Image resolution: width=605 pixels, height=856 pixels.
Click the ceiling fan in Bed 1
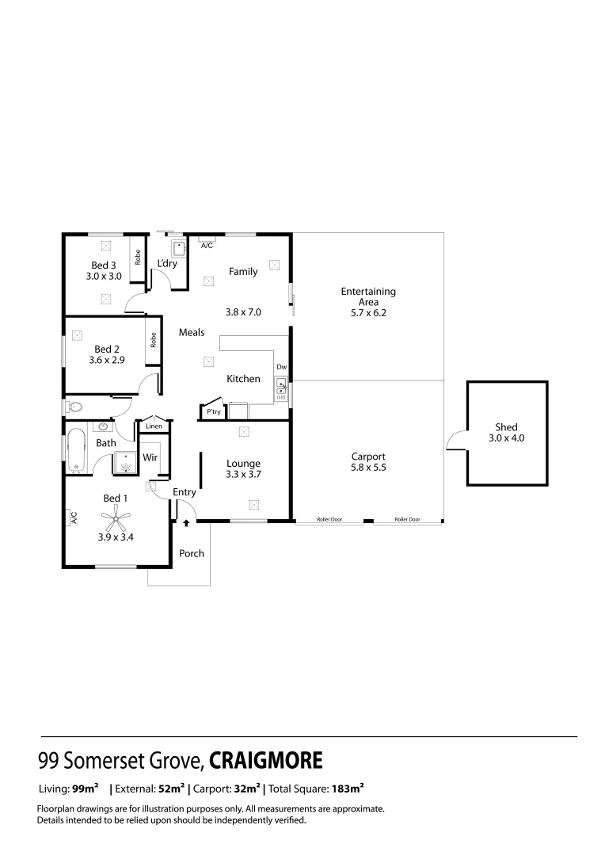[x=116, y=521]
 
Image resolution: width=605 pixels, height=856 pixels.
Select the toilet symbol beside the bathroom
[x=74, y=407]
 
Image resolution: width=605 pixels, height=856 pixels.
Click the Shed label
[x=506, y=427]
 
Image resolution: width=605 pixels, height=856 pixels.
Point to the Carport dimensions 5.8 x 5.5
[x=368, y=468]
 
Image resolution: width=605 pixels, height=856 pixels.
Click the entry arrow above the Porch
[x=186, y=523]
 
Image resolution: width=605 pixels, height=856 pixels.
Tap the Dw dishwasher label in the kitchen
[x=281, y=367]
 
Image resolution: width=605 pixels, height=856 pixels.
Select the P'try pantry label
[x=213, y=412]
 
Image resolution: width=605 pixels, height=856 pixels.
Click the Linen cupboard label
[x=154, y=426]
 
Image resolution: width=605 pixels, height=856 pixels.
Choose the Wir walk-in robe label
[x=150, y=457]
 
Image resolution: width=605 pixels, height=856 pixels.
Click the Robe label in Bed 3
[x=138, y=257]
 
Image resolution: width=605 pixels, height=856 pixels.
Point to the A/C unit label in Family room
[x=207, y=246]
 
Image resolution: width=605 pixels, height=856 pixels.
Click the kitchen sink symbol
[x=281, y=388]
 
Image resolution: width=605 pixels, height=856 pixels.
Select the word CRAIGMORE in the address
[x=266, y=761]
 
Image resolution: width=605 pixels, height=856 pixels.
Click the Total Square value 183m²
[x=348, y=789]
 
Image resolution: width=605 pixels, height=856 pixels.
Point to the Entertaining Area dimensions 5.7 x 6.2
[x=368, y=312]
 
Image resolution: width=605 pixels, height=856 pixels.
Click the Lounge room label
[x=243, y=464]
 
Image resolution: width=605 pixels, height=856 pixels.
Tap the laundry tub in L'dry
[x=180, y=247]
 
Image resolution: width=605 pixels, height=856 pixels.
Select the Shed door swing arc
[x=455, y=441]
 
